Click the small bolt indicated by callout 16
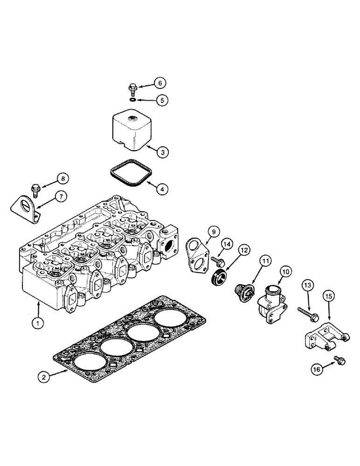pos(339,359)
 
